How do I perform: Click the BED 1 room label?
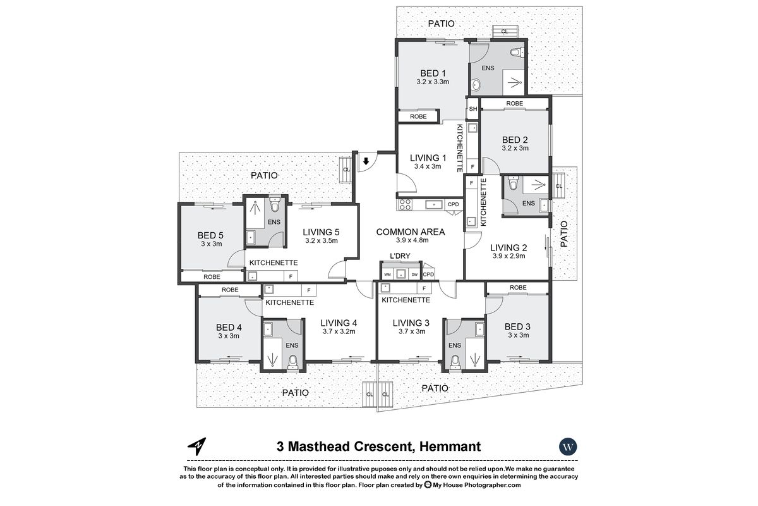pos(432,73)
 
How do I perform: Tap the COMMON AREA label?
pos(411,231)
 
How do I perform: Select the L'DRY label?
pos(400,256)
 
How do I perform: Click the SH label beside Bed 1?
pos(472,109)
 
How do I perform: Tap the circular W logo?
pos(568,447)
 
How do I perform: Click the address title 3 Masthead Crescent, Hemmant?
pos(379,447)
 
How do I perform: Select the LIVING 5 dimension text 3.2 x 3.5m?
pos(321,240)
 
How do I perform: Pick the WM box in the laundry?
pos(388,274)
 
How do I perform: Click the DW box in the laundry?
pos(414,274)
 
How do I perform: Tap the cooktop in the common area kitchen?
pos(404,204)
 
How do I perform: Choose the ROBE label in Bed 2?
pos(514,103)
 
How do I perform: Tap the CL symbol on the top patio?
pos(504,31)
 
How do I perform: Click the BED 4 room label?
pos(229,327)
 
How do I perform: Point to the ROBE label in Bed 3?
pos(517,288)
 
